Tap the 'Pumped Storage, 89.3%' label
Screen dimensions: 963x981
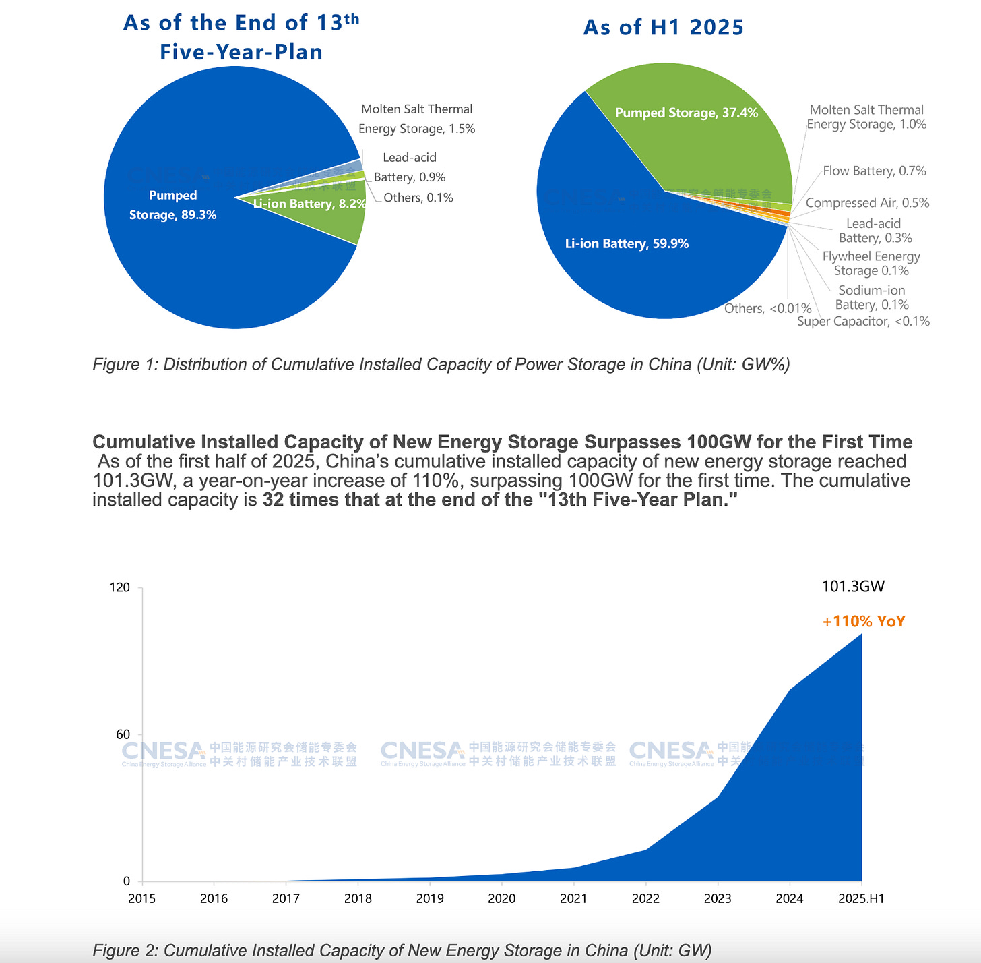[x=172, y=205]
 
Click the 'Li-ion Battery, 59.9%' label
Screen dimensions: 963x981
[x=627, y=244]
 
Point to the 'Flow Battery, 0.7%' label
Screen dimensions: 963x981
[x=874, y=171]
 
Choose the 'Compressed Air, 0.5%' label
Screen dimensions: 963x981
[x=867, y=203]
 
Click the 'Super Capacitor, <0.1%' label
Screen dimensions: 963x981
[x=863, y=322]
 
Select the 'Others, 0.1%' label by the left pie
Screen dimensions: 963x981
[x=418, y=198]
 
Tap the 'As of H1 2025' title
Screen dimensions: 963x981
[x=663, y=28]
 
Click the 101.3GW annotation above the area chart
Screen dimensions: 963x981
[x=853, y=587]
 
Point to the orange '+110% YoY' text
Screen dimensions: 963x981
[x=864, y=622]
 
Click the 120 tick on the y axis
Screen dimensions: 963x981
[x=119, y=588]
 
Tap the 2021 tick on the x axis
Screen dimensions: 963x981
[x=573, y=898]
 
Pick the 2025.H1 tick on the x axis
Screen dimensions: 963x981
[x=861, y=898]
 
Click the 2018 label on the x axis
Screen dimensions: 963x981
[x=358, y=898]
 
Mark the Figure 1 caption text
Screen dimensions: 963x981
[x=441, y=365]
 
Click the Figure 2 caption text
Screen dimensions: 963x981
[x=402, y=951]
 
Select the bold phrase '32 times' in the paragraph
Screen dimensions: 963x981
[x=299, y=500]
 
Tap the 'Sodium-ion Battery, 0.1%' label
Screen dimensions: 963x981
[x=872, y=297]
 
